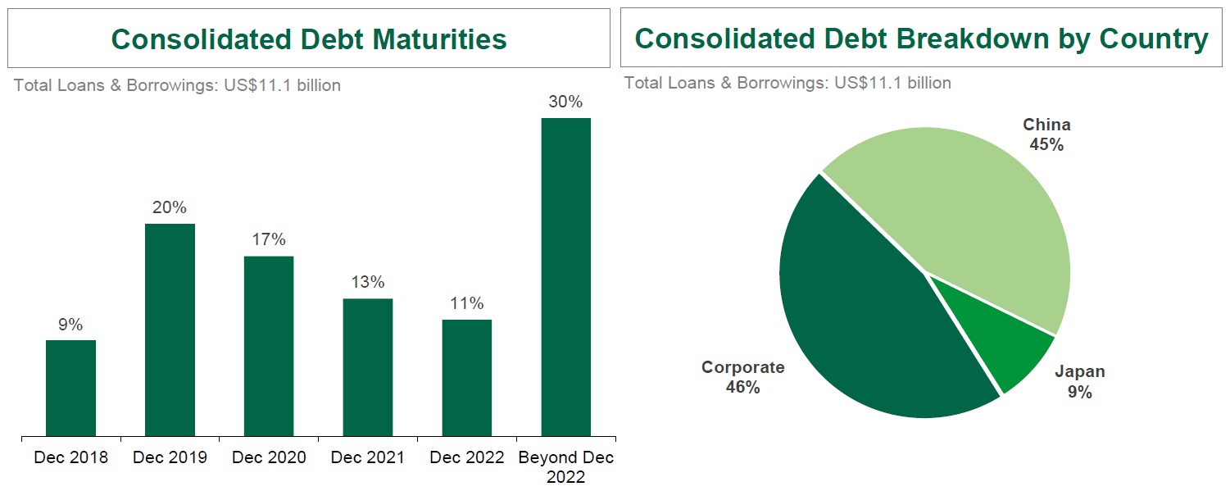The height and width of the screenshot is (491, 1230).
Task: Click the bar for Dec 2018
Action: pos(70,388)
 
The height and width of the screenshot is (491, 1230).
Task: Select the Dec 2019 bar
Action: pos(170,330)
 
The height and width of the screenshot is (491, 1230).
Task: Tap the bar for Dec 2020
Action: pos(269,346)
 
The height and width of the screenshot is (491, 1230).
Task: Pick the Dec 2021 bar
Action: pos(368,367)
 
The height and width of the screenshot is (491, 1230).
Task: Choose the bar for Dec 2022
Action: pos(467,377)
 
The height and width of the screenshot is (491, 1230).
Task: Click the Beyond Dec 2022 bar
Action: pos(566,276)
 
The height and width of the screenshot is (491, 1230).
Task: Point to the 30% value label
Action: pos(566,102)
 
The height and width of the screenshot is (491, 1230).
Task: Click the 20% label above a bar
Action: pos(170,207)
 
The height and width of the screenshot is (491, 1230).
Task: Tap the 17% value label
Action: pos(269,240)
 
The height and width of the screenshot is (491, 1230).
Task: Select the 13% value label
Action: pos(368,283)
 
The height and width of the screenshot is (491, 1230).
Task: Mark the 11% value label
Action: pos(467,303)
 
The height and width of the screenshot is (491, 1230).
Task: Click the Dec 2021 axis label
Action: pos(368,457)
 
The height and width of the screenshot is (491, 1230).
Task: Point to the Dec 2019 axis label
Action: pos(170,457)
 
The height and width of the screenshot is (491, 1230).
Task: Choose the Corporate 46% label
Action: pos(742,377)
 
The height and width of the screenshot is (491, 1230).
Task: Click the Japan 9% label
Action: pos(1079,382)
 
